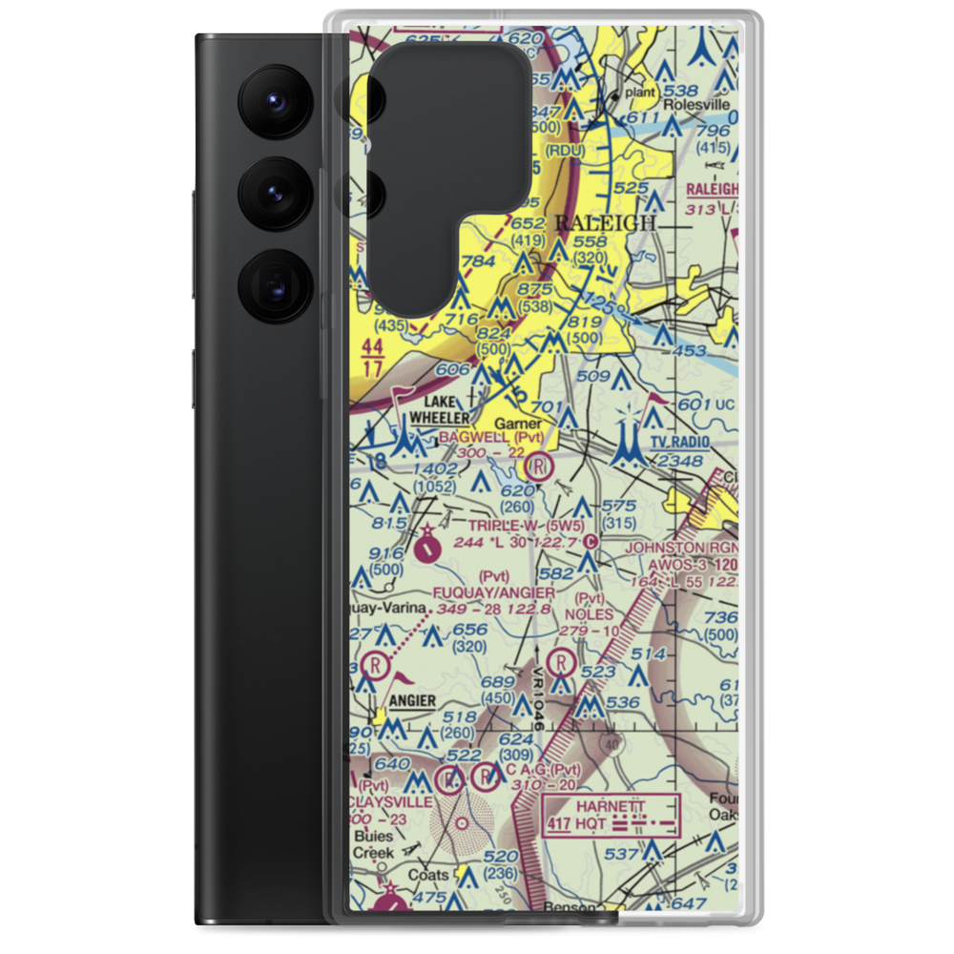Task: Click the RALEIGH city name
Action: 606,222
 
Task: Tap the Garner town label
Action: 518,424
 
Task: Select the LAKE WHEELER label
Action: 440,409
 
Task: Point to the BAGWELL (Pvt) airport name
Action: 491,438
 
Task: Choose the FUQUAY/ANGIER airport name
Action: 493,592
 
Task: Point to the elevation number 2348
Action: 679,463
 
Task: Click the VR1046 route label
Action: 538,700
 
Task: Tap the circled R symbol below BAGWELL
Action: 539,467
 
